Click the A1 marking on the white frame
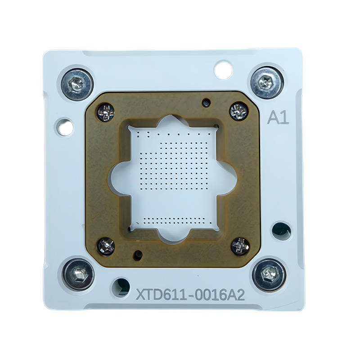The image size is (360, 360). [278, 117]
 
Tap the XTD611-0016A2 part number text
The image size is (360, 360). [190, 295]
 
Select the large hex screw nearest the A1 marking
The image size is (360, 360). [267, 83]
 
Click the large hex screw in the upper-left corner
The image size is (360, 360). [77, 84]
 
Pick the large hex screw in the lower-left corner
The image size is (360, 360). [78, 274]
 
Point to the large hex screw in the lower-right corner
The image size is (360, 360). [269, 275]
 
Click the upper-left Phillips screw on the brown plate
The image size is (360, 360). [105, 112]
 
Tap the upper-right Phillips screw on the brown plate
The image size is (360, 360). [239, 111]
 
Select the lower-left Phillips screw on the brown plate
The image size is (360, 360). [106, 247]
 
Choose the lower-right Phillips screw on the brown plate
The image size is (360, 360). [240, 246]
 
